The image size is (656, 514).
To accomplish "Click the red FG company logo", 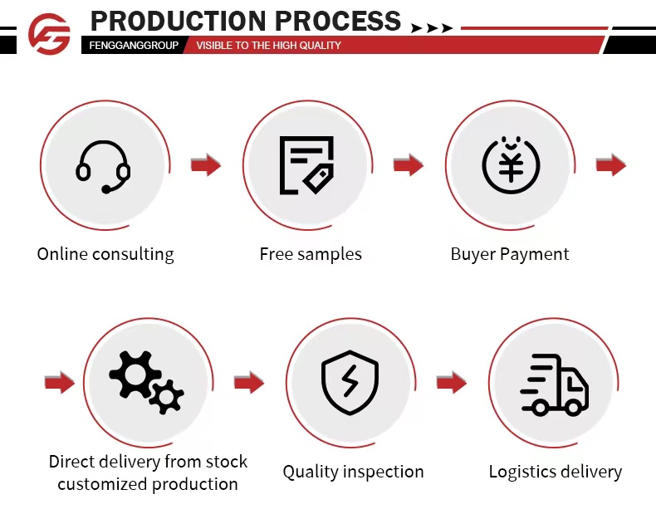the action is (49, 34).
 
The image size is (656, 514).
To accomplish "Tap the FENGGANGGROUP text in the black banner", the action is (134, 45).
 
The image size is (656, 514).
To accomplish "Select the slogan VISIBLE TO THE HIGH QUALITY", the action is (268, 45).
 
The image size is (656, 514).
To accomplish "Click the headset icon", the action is (103, 166).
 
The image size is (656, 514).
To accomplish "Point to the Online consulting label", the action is (105, 254).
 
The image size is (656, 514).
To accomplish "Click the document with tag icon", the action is (306, 165).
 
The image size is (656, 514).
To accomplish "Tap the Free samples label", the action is (311, 254).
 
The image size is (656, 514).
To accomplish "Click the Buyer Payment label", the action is (510, 254).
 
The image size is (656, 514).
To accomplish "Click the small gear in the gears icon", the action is (167, 396).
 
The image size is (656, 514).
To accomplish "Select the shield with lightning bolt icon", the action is (350, 382).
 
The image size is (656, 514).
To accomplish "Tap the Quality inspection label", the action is (353, 472).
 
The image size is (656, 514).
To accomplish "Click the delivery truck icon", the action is (554, 384).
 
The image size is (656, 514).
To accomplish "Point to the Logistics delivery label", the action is (555, 472).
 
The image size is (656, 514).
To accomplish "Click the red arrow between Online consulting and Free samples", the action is (206, 165).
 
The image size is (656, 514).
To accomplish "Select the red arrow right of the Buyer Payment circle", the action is (611, 165).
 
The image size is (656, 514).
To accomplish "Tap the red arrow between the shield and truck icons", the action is (452, 383).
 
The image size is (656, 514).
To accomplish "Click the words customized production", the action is (148, 484).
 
